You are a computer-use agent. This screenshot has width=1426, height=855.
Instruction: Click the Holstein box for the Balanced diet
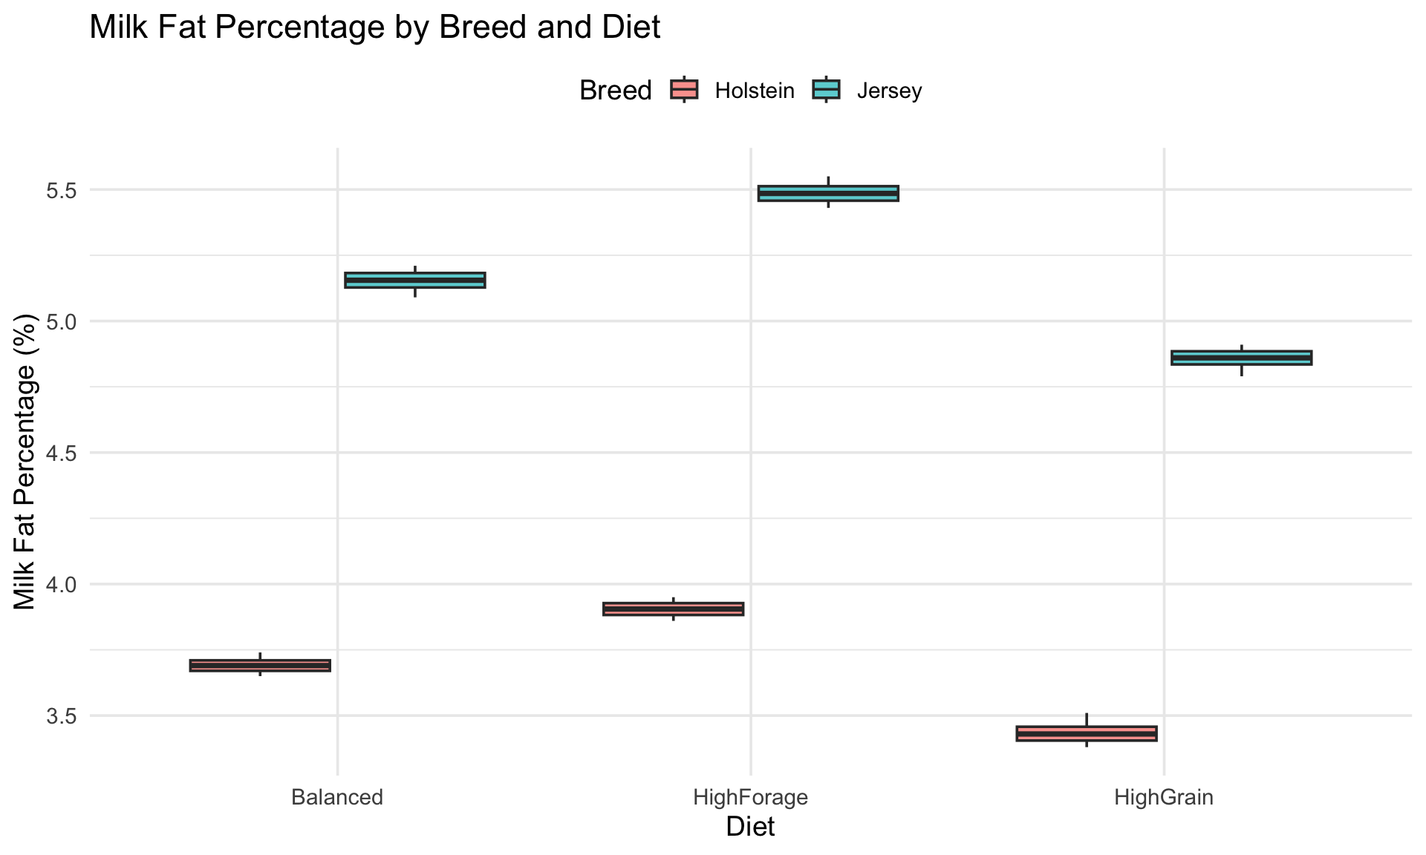[260, 665]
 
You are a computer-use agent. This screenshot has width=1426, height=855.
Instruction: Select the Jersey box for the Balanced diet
[415, 280]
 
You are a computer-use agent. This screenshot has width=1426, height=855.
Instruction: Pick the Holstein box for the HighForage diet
[673, 609]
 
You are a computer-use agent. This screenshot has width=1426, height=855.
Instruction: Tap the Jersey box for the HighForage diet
[828, 193]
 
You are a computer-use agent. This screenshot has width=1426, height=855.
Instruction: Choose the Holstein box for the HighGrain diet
[1087, 733]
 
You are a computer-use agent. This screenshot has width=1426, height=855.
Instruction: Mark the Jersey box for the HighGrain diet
[1241, 358]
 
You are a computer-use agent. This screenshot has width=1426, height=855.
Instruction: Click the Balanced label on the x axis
[337, 798]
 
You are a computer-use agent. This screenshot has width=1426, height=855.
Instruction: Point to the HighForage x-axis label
[750, 799]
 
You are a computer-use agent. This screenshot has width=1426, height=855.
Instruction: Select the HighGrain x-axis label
[1164, 799]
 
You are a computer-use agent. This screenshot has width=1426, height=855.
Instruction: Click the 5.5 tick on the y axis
[62, 190]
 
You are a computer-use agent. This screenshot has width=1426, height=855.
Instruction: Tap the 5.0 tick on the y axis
[62, 321]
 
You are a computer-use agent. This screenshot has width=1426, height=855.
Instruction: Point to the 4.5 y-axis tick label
[62, 453]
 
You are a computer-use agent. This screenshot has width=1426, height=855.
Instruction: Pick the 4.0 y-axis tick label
[62, 584]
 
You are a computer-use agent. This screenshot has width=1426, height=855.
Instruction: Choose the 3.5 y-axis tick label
[62, 715]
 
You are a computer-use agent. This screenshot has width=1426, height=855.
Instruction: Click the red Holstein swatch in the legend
[684, 90]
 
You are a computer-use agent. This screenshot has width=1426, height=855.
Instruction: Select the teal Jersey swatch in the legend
[826, 90]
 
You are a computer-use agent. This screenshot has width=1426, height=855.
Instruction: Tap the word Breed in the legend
[615, 91]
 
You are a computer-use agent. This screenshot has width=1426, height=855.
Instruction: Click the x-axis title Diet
[750, 827]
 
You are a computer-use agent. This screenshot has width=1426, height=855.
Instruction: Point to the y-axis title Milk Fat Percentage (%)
[25, 462]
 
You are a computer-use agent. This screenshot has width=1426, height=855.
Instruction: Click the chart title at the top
[375, 27]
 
